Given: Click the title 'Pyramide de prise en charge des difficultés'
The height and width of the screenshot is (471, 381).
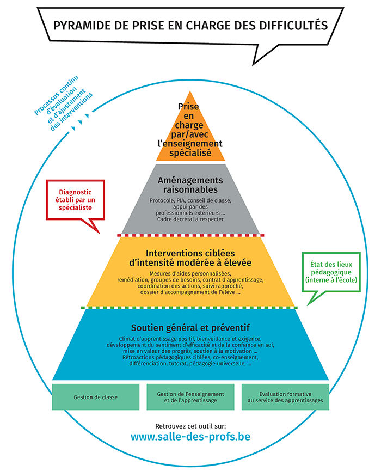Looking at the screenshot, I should [190, 26].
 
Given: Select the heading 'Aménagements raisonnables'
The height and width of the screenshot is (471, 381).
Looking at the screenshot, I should [190, 185].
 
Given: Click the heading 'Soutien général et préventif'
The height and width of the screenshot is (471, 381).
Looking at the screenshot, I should [190, 327].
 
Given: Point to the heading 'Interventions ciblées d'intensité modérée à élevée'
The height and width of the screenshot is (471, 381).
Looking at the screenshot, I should [190, 257].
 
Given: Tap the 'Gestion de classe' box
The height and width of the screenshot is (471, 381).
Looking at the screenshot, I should [96, 397].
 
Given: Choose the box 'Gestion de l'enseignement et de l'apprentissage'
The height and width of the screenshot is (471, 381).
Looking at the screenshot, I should [190, 397].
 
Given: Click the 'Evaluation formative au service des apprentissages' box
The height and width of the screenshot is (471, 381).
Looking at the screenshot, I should [285, 397].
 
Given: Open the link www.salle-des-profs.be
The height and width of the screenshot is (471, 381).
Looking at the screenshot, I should [190, 437].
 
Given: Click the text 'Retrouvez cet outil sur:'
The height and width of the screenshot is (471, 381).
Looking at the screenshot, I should [190, 424].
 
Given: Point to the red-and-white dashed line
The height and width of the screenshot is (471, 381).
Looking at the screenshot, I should [190, 235].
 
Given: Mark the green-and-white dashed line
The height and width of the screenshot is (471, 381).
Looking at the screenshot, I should [190, 308].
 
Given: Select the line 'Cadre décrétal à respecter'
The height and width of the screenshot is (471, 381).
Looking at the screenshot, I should [190, 219].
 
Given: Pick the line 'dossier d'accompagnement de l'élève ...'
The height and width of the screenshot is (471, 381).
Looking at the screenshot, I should [190, 292].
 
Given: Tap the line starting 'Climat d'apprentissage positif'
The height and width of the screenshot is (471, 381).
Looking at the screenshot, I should [190, 339].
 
